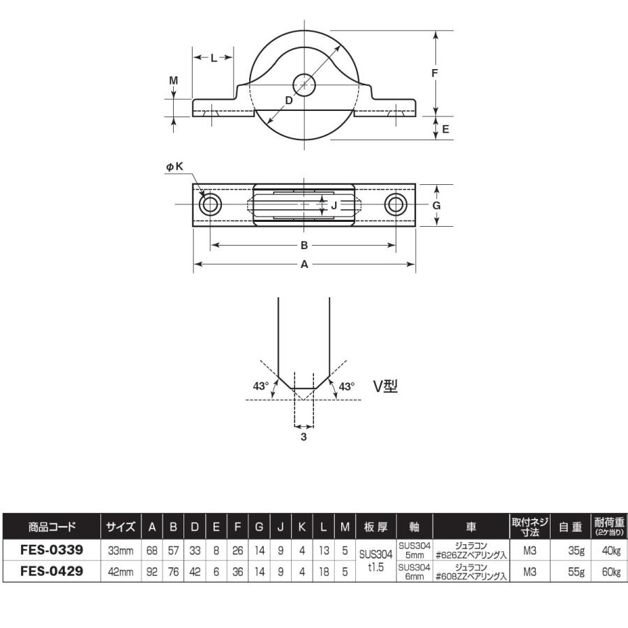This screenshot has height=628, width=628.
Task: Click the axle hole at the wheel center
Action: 304,85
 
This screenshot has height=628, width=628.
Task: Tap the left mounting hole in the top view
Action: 210,204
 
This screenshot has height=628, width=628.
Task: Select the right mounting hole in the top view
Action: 396,204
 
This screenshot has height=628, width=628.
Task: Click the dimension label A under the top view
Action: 304,264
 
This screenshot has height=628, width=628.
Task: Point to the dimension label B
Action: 304,245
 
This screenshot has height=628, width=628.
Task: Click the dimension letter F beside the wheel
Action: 435,73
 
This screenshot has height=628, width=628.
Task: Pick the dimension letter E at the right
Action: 445,129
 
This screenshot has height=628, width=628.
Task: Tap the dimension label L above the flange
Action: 214,59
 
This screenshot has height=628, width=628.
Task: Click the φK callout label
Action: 175,166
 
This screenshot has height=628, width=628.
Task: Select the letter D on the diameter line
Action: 289,100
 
